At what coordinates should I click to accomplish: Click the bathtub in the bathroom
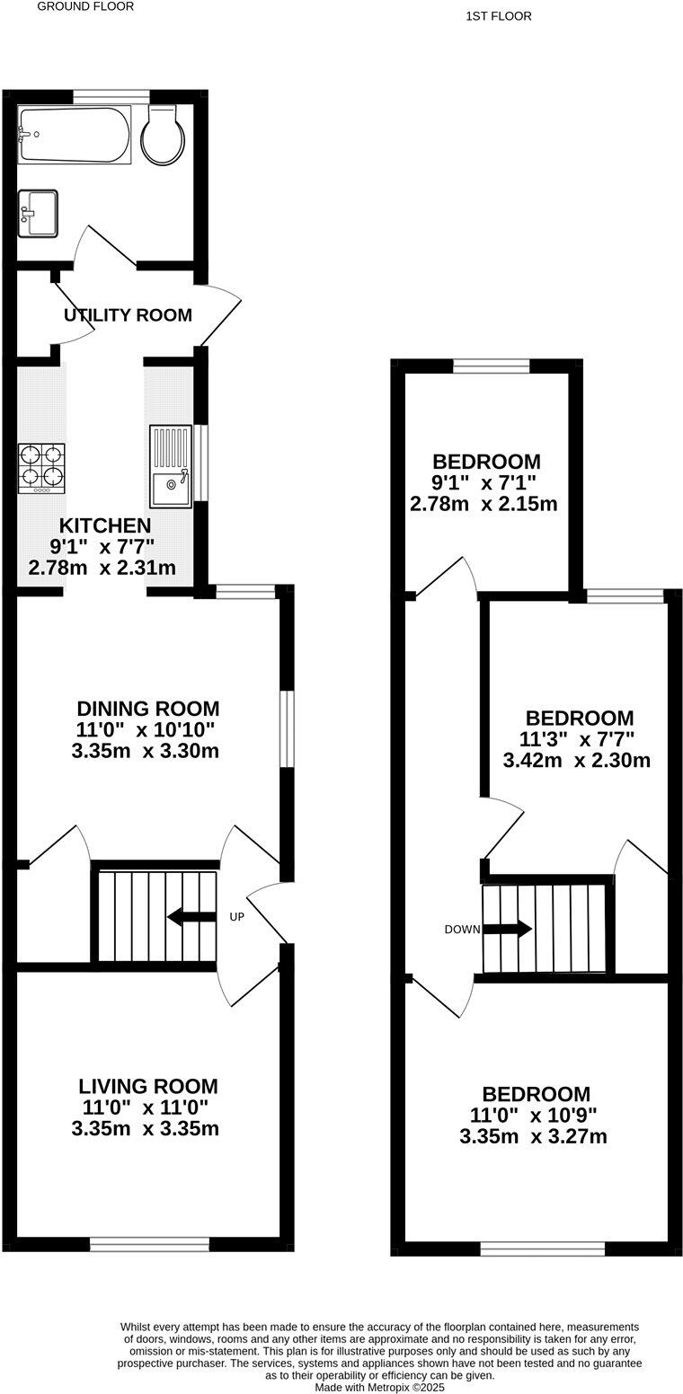(75, 135)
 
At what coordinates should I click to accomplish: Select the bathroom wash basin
(38, 213)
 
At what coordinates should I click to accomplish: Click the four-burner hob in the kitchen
(42, 467)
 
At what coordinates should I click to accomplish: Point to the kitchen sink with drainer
(171, 465)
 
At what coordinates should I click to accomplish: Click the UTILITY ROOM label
(128, 315)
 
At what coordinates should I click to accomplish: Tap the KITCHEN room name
(105, 525)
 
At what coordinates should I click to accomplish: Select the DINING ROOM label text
(147, 709)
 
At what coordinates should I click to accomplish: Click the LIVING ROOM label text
(147, 1086)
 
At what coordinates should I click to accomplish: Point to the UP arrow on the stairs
(191, 917)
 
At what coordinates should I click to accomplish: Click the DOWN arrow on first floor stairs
(508, 929)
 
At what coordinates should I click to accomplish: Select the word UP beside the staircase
(238, 917)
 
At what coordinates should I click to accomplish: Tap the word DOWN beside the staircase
(462, 930)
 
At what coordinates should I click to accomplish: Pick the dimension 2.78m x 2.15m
(483, 504)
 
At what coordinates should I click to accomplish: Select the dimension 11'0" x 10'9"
(534, 1116)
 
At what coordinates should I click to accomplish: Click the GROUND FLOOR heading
(85, 6)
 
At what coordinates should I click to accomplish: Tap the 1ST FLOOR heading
(499, 16)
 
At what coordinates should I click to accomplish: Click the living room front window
(149, 1244)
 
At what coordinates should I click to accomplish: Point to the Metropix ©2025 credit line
(379, 1388)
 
